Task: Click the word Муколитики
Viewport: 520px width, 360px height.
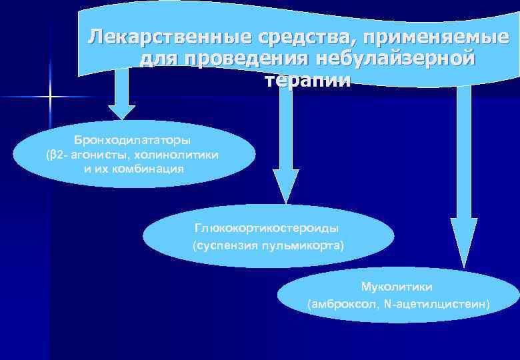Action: tap(397, 287)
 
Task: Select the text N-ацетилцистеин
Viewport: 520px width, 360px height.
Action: tap(437, 305)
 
